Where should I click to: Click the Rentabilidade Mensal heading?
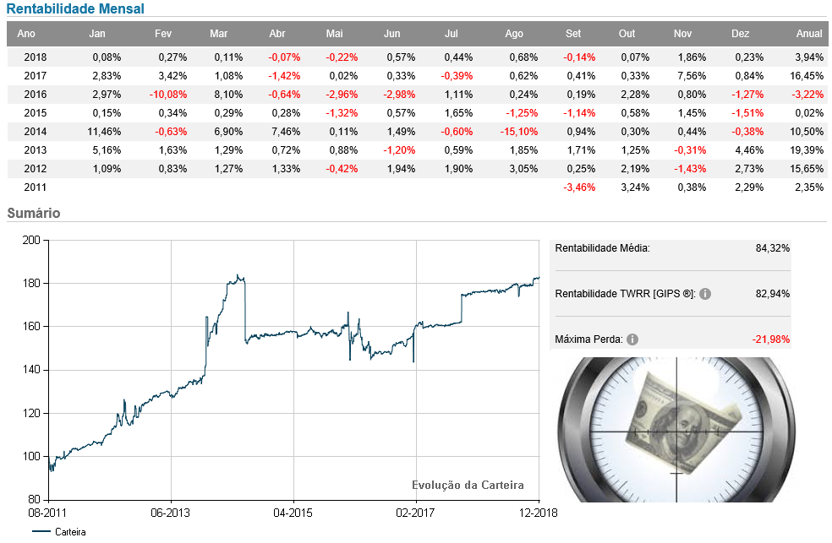click(x=75, y=9)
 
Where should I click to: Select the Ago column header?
click(x=513, y=34)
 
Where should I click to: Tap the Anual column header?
click(x=809, y=34)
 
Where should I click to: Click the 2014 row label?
click(x=36, y=131)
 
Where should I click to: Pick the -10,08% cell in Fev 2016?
click(x=167, y=94)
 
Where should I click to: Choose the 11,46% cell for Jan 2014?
click(x=106, y=131)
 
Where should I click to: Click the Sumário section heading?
click(x=33, y=214)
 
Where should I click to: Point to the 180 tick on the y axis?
click(x=32, y=283)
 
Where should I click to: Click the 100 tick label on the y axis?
click(x=32, y=456)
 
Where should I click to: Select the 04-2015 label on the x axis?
click(x=293, y=513)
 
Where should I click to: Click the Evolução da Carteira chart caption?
click(x=468, y=485)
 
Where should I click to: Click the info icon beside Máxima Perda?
click(x=632, y=339)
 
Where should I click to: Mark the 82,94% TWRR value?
click(x=772, y=294)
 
